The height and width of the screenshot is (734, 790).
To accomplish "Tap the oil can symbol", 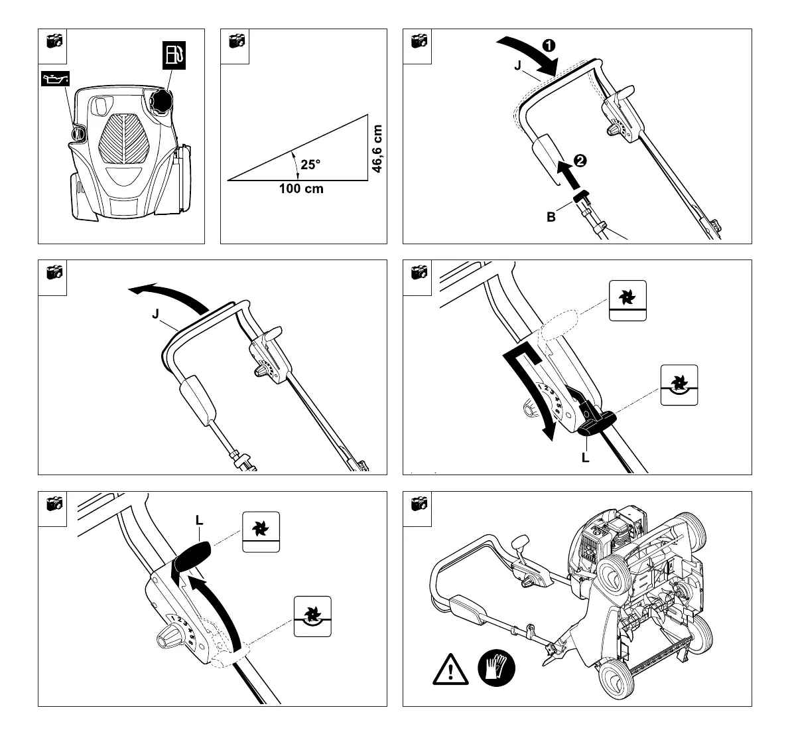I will point(54,81).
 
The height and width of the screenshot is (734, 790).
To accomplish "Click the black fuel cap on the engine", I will point(161,102).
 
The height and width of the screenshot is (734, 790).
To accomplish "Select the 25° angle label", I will point(310,165).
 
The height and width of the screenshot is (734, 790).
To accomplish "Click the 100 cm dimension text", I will point(301,188).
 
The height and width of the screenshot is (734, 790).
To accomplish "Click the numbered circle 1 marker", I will point(549,46).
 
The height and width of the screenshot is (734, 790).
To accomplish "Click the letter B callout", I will point(551,216).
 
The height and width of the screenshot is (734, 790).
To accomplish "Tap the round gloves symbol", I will point(496,668).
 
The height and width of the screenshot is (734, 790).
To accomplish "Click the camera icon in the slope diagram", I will point(236,41).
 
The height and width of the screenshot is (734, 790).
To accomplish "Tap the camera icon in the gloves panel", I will point(419,504).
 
